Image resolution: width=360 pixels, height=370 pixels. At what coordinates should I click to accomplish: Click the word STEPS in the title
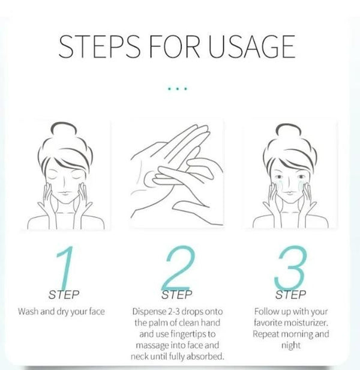tap(99, 47)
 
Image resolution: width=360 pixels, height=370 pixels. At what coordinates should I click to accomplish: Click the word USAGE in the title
tap(251, 47)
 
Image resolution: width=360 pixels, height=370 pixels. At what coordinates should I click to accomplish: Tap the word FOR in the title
tap(175, 47)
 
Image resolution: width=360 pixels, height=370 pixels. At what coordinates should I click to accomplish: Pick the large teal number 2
tap(178, 268)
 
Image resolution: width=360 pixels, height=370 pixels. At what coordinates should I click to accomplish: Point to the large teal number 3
tap(291, 268)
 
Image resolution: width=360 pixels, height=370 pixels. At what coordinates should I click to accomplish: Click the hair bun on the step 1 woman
tap(64, 129)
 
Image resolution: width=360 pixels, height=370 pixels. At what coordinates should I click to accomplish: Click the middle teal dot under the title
tap(178, 89)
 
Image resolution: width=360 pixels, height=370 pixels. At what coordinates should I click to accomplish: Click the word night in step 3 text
tap(291, 345)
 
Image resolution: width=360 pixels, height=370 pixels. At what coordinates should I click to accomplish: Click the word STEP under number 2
tap(177, 294)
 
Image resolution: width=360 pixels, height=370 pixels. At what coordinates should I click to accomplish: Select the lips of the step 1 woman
tap(64, 193)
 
